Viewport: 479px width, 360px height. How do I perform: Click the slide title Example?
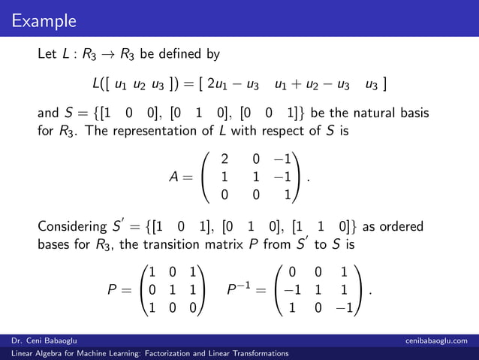point(44,20)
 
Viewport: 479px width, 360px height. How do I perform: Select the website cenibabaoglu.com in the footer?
point(435,340)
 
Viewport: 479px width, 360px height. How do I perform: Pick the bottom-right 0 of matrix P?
point(192,307)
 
